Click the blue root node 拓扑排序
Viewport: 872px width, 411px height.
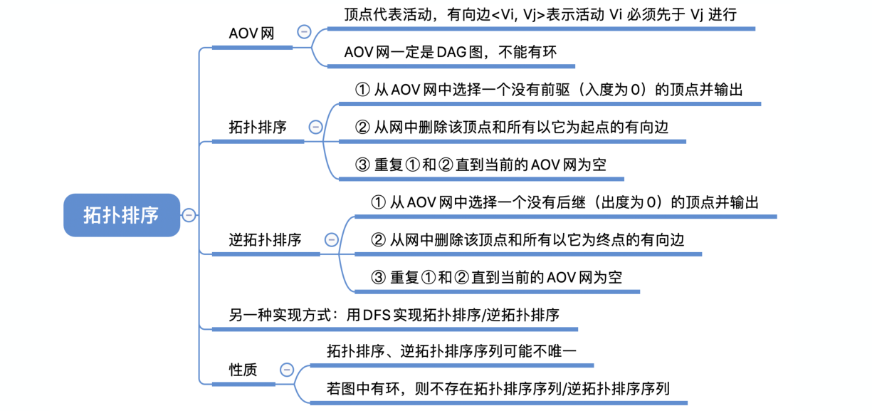click(x=121, y=215)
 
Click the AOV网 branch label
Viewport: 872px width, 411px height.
click(x=251, y=33)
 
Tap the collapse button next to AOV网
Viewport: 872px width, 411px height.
click(x=304, y=32)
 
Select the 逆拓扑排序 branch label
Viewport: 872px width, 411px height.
click(x=265, y=240)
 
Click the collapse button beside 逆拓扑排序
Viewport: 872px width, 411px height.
click(x=331, y=240)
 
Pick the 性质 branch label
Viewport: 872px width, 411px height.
click(x=243, y=370)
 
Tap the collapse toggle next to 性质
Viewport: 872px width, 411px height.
click(x=287, y=370)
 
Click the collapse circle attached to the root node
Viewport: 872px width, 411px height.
click(x=189, y=215)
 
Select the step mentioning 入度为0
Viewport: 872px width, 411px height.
click(x=548, y=90)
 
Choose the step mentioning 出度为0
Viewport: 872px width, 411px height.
click(x=564, y=202)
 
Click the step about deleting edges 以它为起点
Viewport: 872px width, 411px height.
click(x=512, y=128)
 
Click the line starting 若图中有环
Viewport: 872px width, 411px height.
click(x=498, y=389)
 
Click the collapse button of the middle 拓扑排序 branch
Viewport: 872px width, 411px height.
click(x=315, y=128)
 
